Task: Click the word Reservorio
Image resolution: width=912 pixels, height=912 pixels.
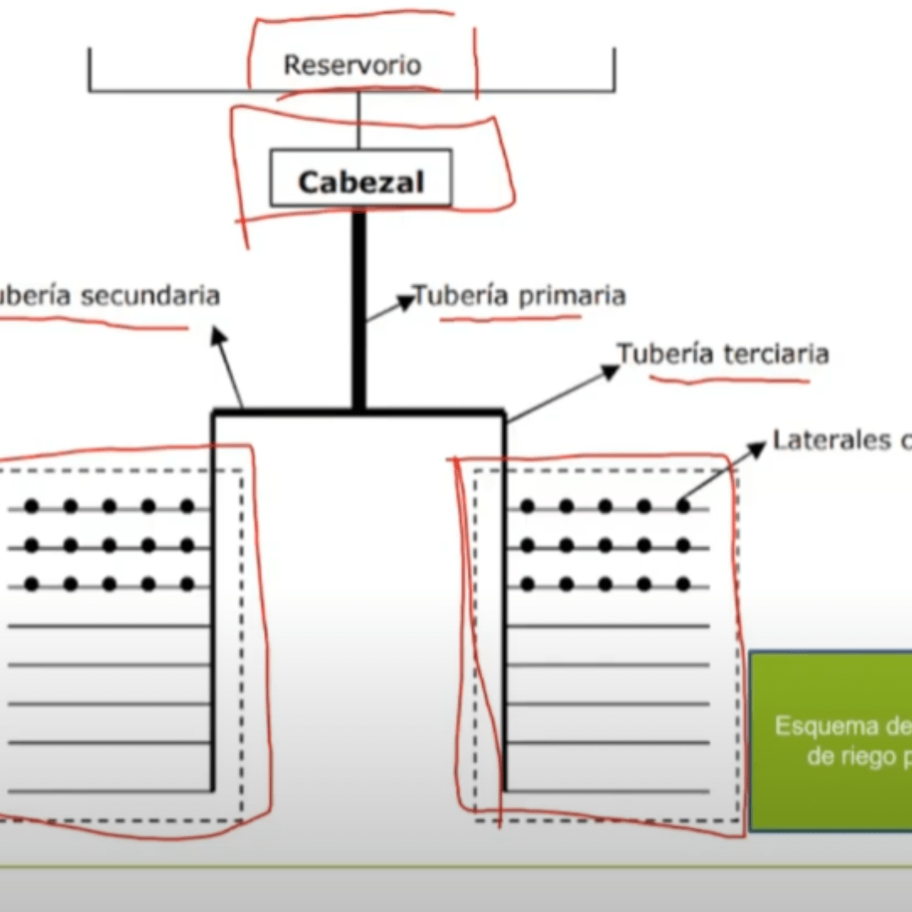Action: click(351, 65)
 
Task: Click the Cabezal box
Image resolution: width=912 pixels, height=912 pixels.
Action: click(361, 179)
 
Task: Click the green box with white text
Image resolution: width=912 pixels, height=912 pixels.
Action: click(831, 740)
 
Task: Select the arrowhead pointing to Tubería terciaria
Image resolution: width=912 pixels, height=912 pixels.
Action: click(611, 370)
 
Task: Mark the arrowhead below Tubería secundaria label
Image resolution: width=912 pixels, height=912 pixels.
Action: click(218, 335)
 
